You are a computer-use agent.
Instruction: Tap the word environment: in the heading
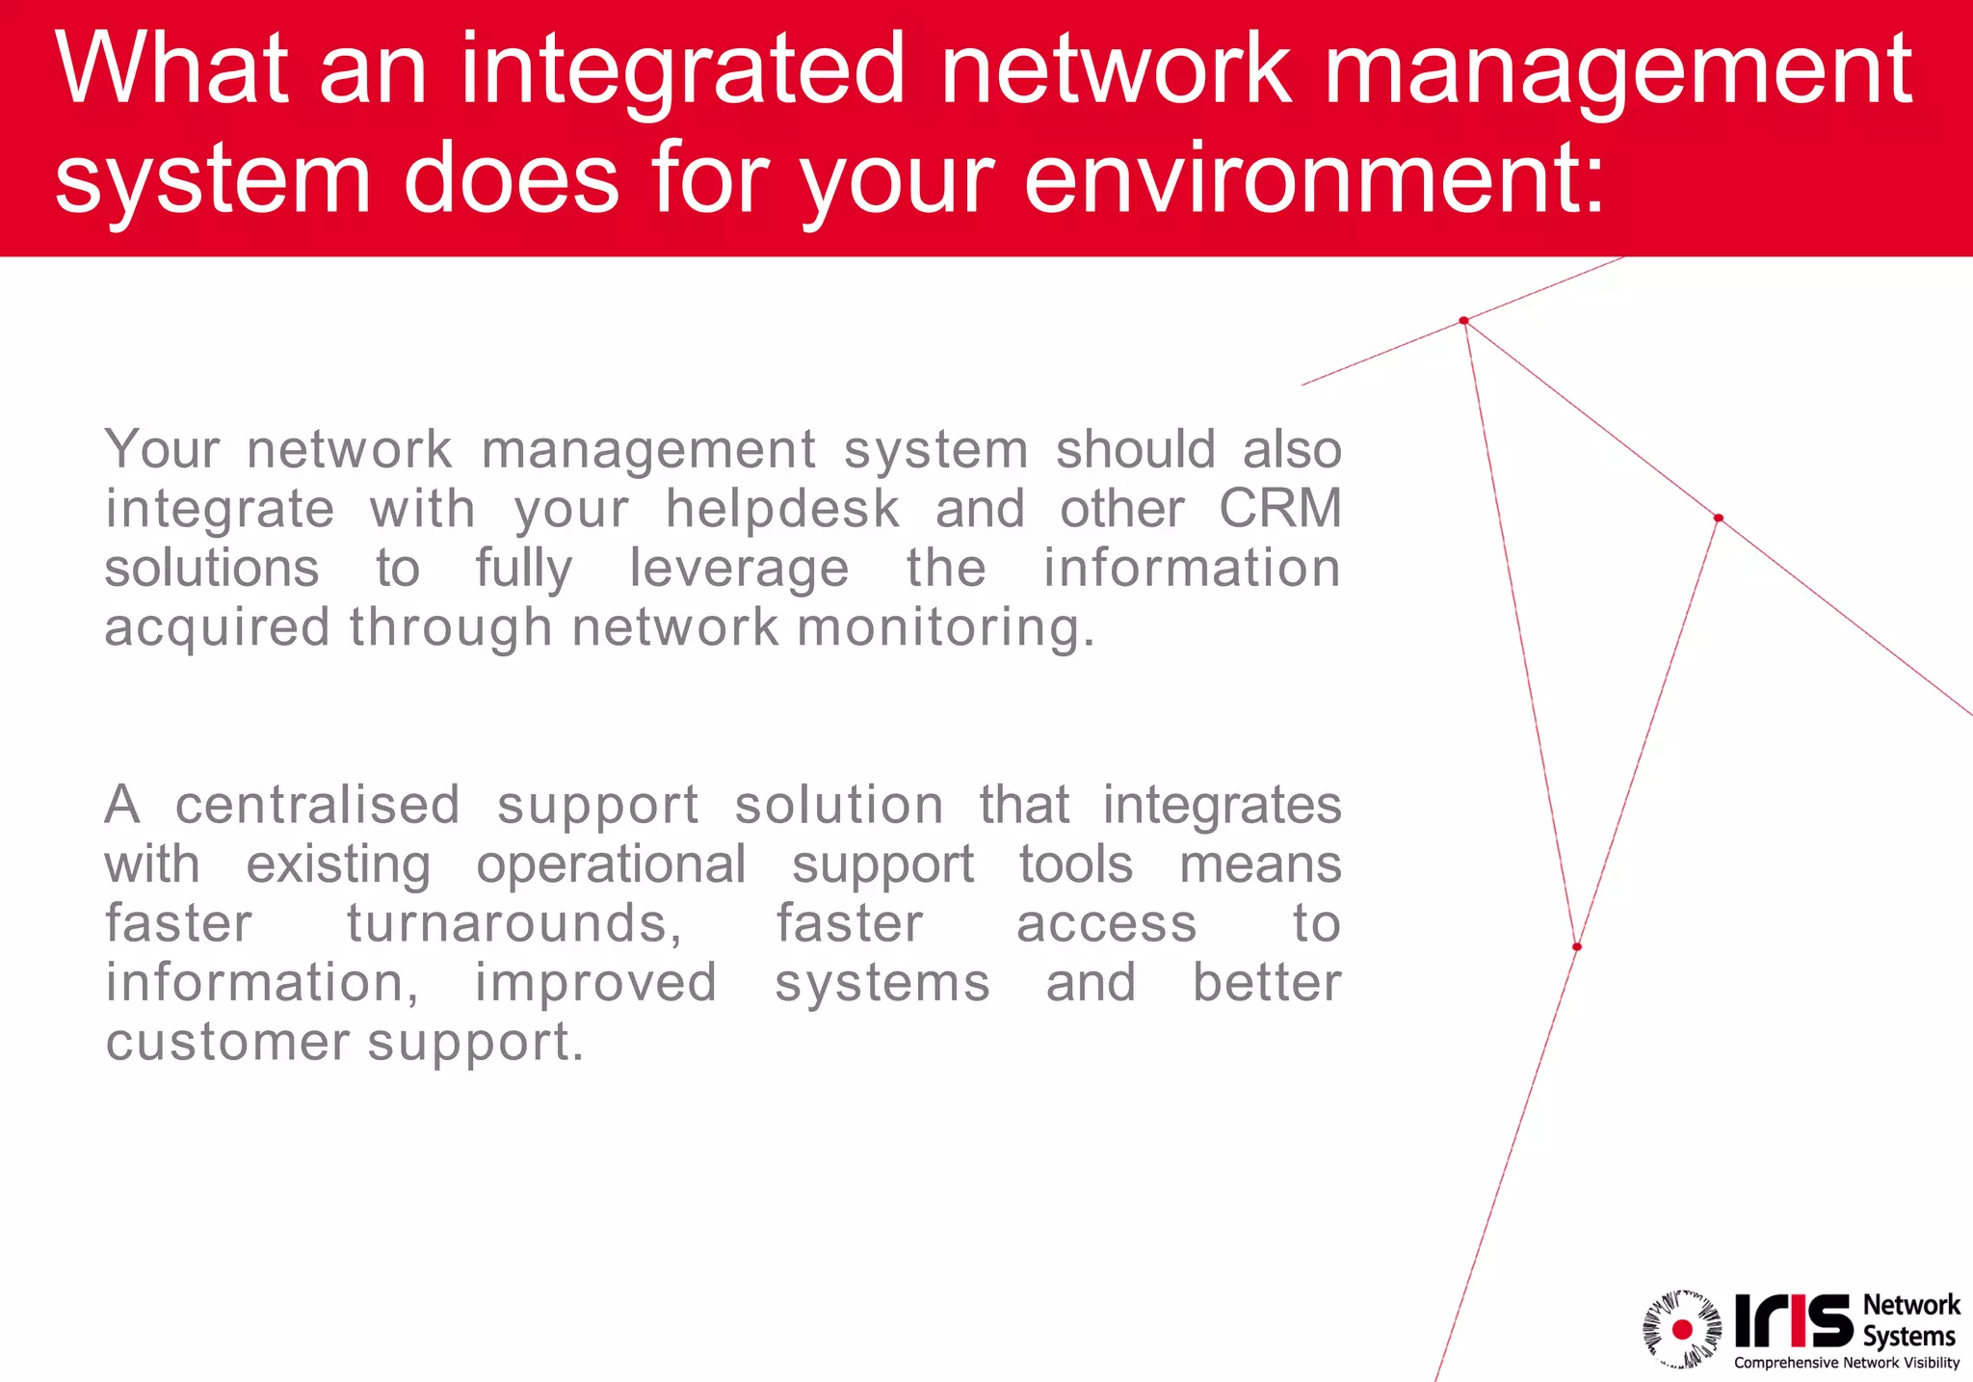pyautogui.click(x=1314, y=178)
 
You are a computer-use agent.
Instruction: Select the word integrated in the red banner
pyautogui.click(x=683, y=69)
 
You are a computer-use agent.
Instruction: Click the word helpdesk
pyautogui.click(x=782, y=509)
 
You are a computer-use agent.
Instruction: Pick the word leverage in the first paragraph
pyautogui.click(x=739, y=569)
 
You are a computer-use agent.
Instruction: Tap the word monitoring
pyautogui.click(x=945, y=627)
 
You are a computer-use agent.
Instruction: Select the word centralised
pyautogui.click(x=317, y=805)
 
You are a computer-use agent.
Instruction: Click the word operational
pyautogui.click(x=611, y=864)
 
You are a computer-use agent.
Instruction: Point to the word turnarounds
pyautogui.click(x=513, y=923)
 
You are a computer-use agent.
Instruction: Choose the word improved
pyautogui.click(x=595, y=983)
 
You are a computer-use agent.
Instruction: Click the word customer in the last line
pyautogui.click(x=227, y=1042)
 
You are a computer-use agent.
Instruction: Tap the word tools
pyautogui.click(x=1076, y=864)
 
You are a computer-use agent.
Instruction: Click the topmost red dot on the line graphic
pyautogui.click(x=1463, y=321)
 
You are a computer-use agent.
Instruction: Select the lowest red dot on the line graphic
pyautogui.click(x=1577, y=946)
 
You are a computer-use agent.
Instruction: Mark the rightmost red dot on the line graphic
pyautogui.click(x=1718, y=518)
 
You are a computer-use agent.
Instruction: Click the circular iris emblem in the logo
pyautogui.click(x=1682, y=1329)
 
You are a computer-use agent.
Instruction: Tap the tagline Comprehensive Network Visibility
pyautogui.click(x=1847, y=1363)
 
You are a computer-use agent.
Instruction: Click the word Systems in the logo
pyautogui.click(x=1908, y=1337)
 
